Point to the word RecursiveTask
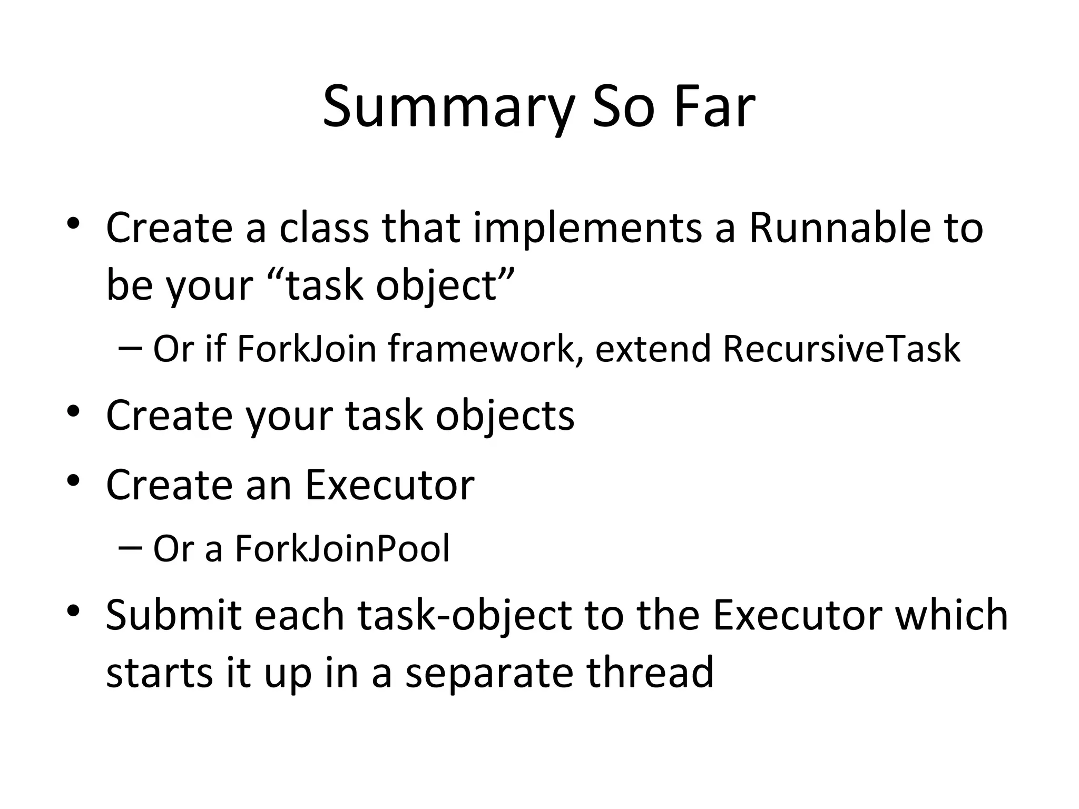(x=841, y=349)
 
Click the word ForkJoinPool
(x=342, y=549)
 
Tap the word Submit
(x=173, y=615)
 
